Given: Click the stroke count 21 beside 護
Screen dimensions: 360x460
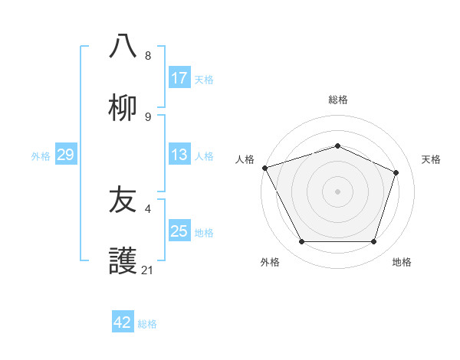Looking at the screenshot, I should (148, 270).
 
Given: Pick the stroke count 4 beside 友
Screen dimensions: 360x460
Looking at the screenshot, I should (148, 208).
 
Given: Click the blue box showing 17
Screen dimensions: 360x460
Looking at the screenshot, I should (179, 78).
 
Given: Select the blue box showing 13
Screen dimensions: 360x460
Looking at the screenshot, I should (179, 155).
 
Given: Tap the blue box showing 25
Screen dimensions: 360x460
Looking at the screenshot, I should (179, 231).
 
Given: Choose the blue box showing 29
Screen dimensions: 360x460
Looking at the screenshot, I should (65, 155).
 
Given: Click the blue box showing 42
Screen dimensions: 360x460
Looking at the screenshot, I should (123, 322).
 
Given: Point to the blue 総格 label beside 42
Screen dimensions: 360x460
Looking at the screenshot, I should (147, 323).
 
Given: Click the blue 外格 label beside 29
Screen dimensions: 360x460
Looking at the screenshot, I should (41, 155).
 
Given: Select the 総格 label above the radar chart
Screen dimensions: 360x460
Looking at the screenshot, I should (337, 100).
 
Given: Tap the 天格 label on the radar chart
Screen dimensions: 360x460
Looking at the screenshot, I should (431, 159).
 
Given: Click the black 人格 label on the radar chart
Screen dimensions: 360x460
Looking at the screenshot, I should (245, 159).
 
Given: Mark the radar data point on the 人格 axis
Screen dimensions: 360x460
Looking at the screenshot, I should (264, 168).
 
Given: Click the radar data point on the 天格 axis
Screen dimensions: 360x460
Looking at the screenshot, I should (396, 172).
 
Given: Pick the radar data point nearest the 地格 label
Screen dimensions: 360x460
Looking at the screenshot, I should (373, 241).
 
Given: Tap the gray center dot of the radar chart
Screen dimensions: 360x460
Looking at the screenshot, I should (337, 191).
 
